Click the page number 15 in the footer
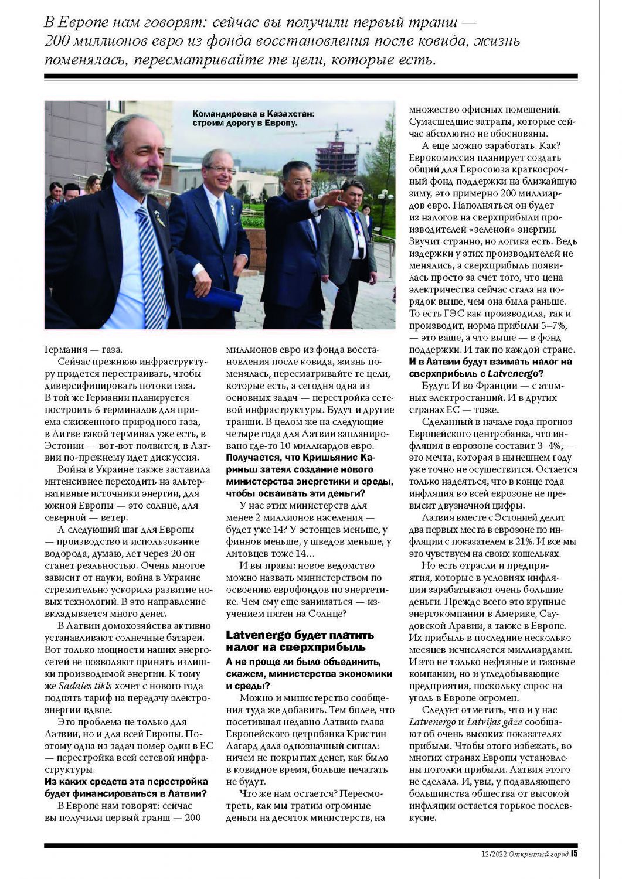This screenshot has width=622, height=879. click(x=574, y=853)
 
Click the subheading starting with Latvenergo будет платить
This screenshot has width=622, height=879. click(x=300, y=641)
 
